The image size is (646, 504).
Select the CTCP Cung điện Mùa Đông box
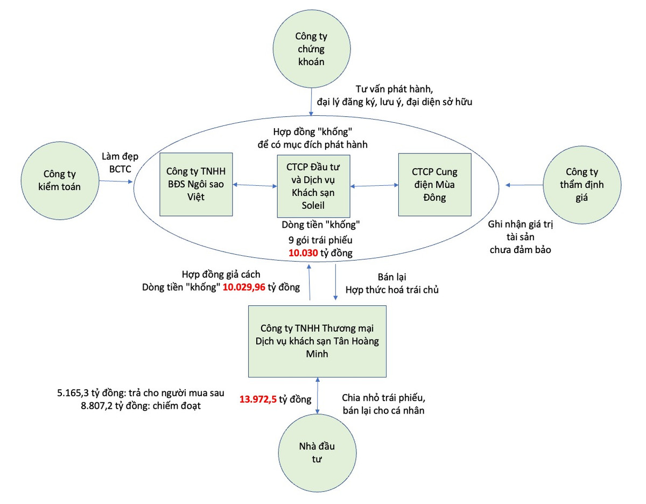[434, 185]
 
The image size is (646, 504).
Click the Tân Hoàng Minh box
[317, 341]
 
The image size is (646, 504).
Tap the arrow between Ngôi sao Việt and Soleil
[255, 186]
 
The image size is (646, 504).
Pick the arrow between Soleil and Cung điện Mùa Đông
[374, 186]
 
